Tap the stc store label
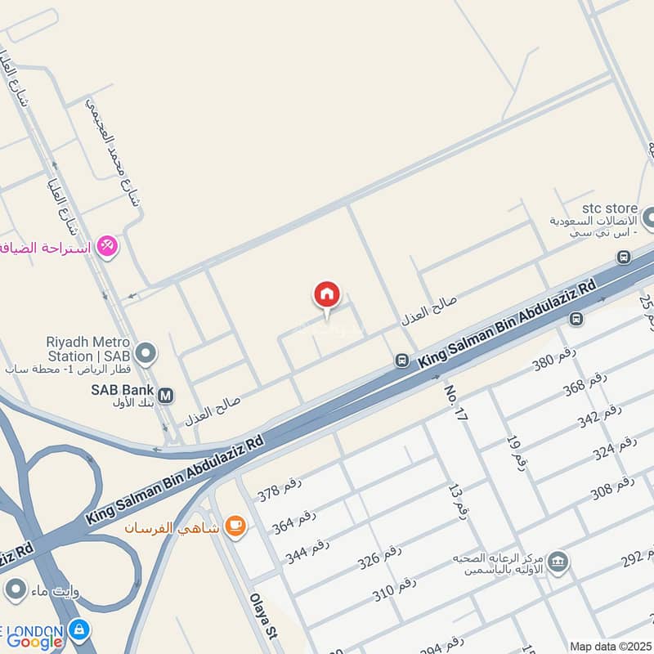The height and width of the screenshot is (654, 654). click(x=611, y=208)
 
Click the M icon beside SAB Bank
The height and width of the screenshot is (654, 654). click(x=166, y=396)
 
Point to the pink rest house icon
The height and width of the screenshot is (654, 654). click(x=107, y=244)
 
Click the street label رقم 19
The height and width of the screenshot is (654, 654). click(x=515, y=451)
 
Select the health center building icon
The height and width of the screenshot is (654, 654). click(x=559, y=562)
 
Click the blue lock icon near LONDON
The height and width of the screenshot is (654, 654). click(x=79, y=630)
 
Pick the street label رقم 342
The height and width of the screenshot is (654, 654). click(x=600, y=419)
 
